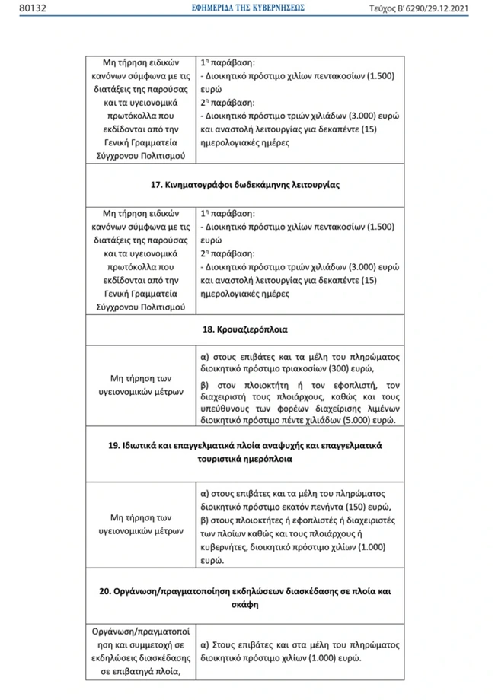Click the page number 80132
pos(16,8)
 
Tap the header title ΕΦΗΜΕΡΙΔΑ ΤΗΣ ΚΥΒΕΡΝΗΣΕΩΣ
pos(247,8)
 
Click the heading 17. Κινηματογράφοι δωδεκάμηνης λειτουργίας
pos(247,185)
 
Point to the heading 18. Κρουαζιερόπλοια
pos(247,330)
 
